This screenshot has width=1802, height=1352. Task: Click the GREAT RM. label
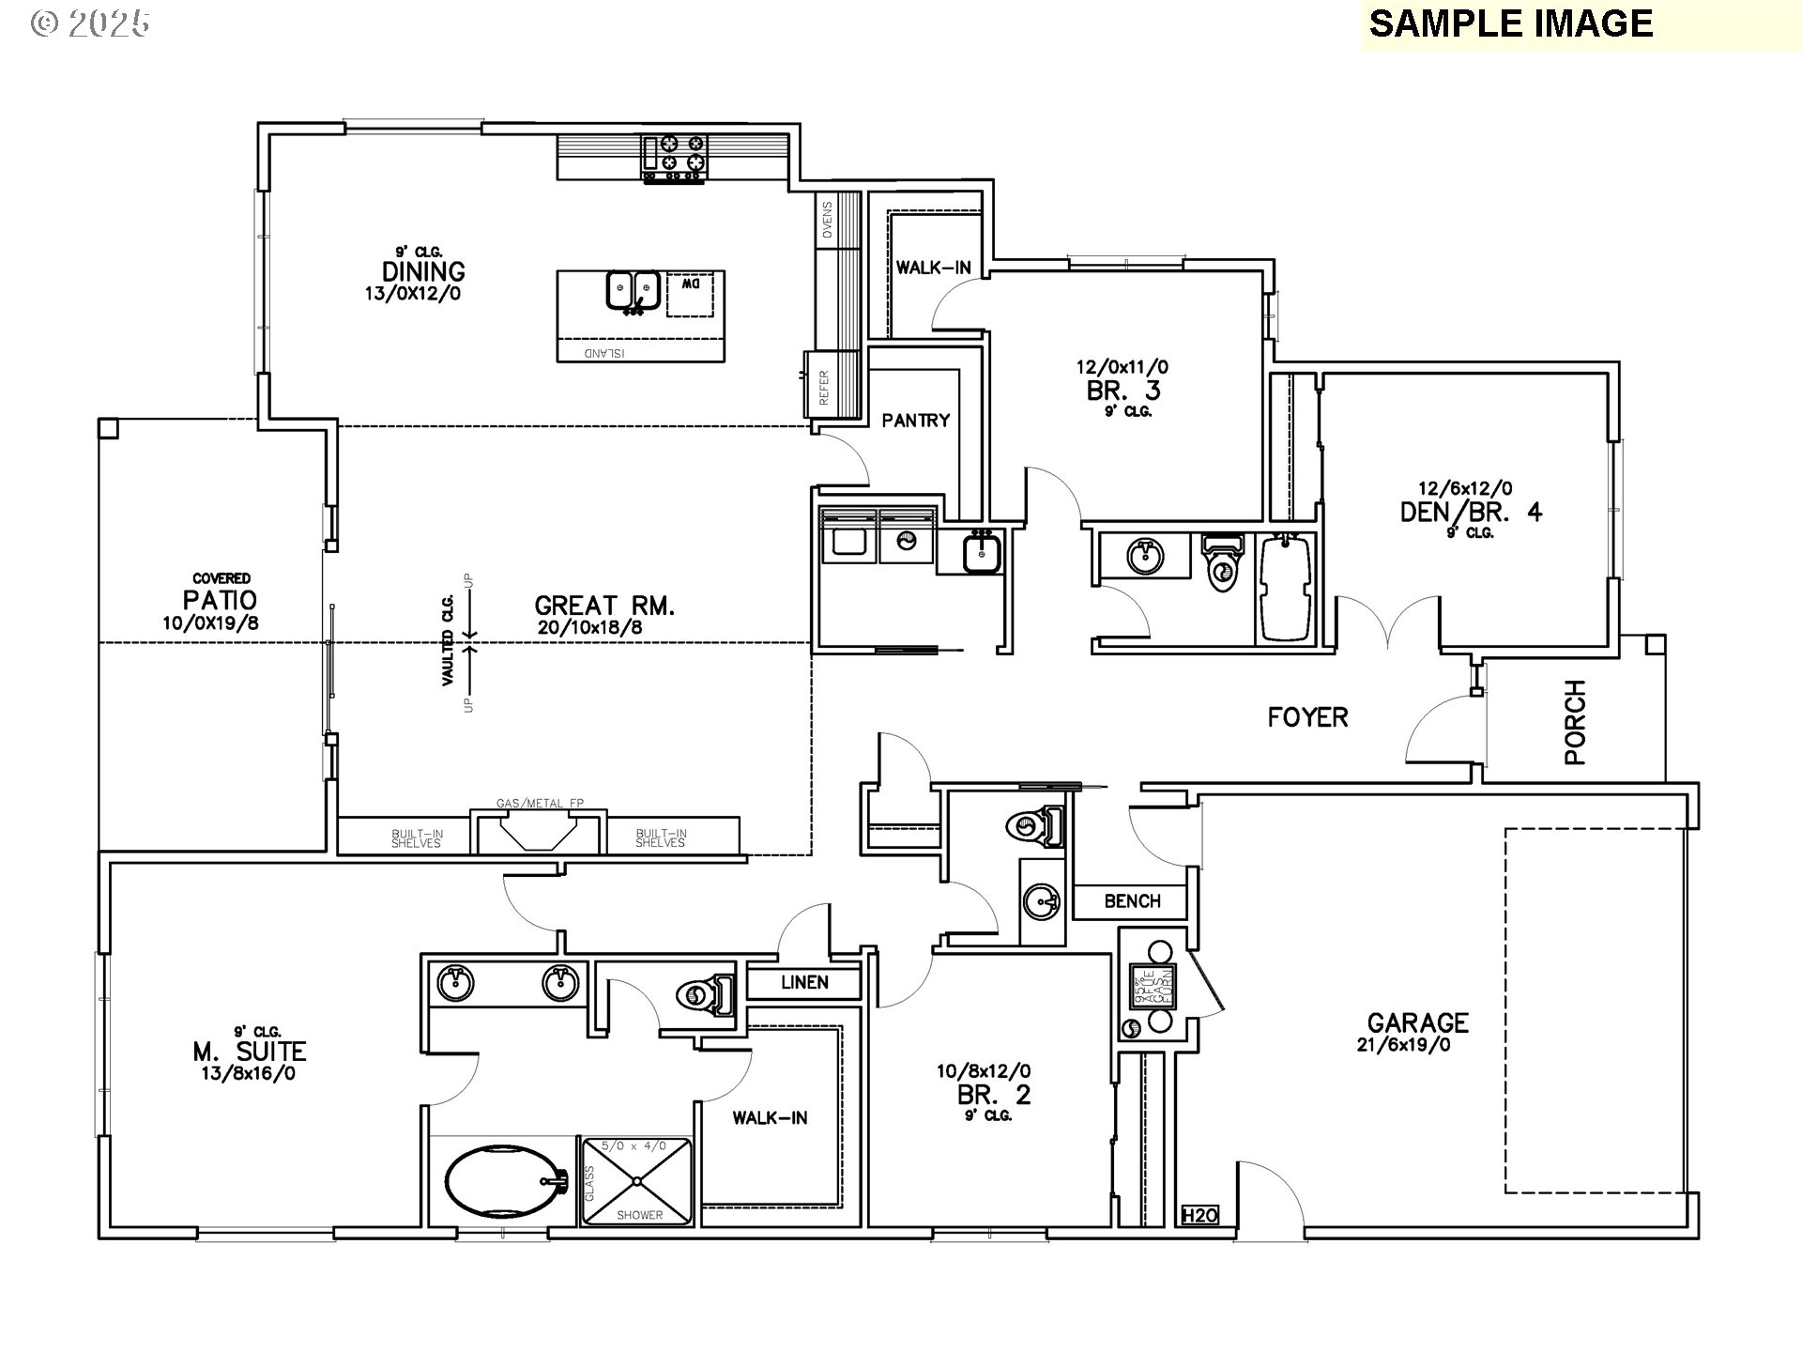click(x=604, y=606)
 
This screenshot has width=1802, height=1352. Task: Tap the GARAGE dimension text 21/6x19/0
click(x=1404, y=1044)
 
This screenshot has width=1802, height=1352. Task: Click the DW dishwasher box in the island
click(x=690, y=295)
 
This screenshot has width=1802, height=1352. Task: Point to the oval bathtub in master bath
click(x=502, y=1182)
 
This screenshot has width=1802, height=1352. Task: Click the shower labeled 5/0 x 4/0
click(x=638, y=1181)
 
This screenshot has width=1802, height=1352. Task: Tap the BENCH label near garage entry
click(x=1132, y=901)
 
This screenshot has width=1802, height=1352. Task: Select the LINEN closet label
click(x=804, y=982)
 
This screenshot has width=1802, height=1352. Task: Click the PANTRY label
click(x=915, y=421)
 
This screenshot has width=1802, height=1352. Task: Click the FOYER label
click(x=1307, y=718)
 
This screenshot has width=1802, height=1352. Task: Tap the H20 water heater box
click(x=1199, y=1216)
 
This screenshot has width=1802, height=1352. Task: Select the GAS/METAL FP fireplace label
click(x=540, y=804)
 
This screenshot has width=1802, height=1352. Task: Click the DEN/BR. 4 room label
click(x=1470, y=512)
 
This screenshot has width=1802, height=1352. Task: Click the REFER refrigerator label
click(x=824, y=387)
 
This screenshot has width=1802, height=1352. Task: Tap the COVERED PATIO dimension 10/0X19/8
click(x=217, y=622)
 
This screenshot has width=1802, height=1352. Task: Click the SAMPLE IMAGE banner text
click(x=1510, y=23)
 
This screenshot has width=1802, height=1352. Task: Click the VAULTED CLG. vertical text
click(x=449, y=640)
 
